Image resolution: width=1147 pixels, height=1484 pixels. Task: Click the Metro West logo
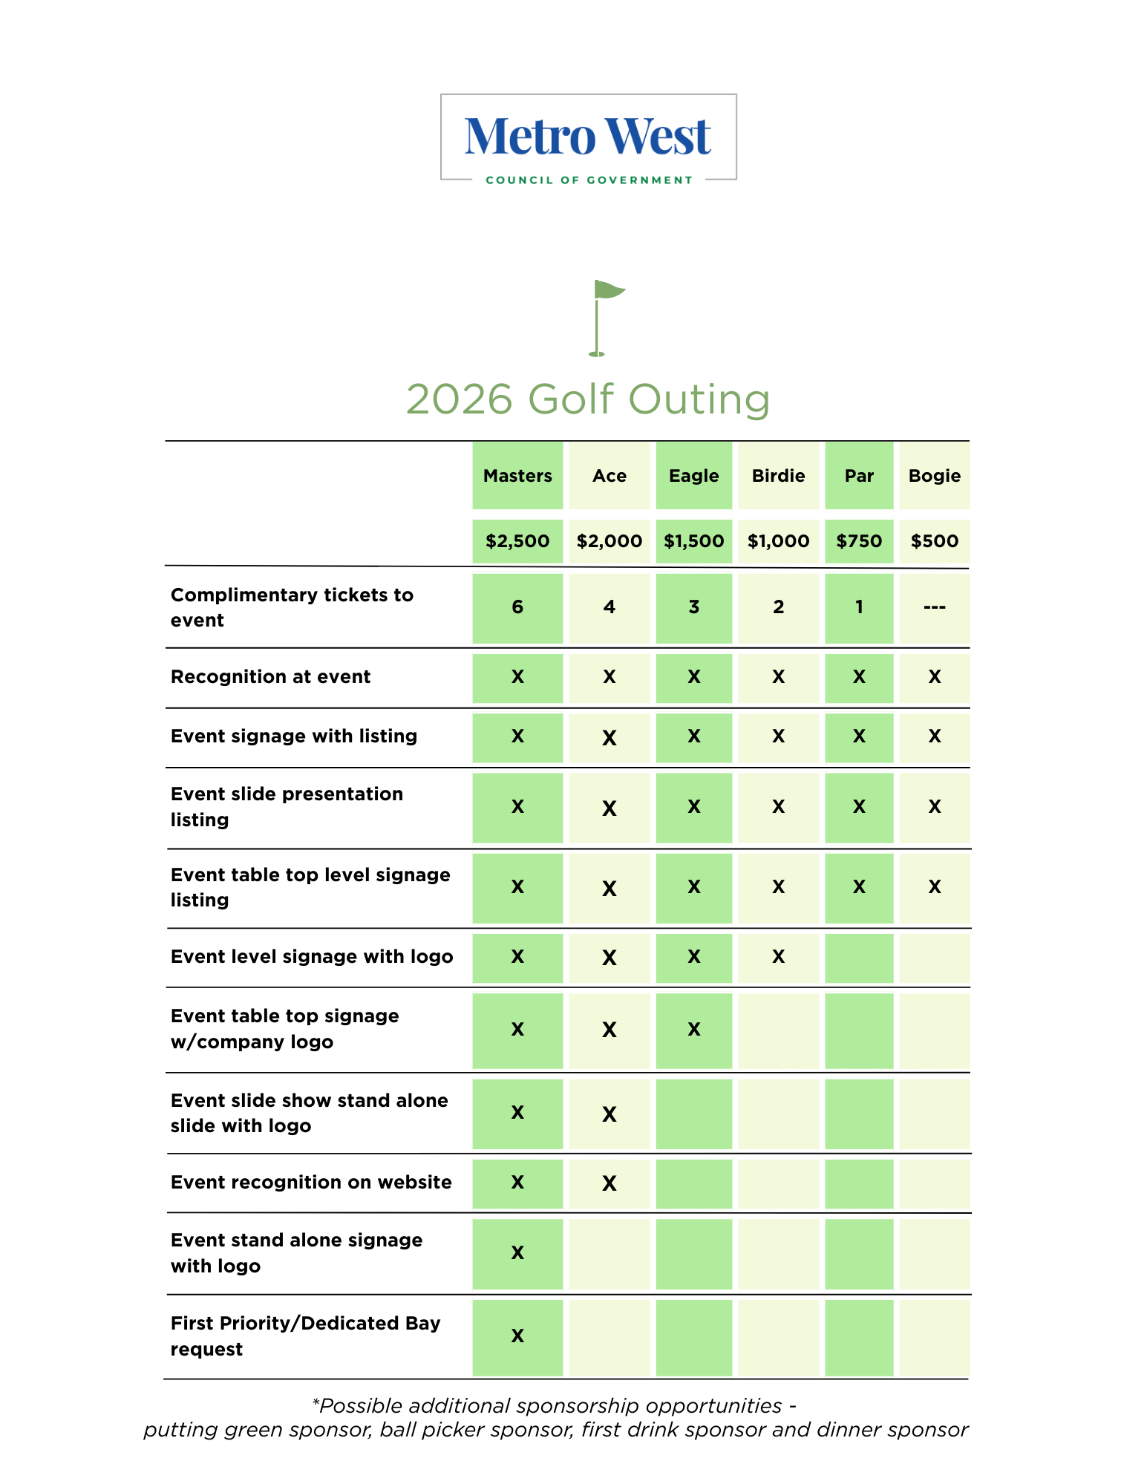588,138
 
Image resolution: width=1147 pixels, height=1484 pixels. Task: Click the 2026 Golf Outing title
588,399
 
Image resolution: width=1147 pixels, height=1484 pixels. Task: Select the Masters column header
517,476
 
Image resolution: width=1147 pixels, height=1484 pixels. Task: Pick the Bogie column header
934,476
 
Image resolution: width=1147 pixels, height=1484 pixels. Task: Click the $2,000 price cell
609,541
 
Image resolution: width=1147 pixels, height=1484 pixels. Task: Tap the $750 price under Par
859,541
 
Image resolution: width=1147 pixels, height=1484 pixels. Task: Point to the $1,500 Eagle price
693,541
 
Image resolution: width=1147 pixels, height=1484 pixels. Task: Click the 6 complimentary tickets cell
517,607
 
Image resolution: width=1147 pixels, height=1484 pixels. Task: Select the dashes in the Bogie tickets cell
934,607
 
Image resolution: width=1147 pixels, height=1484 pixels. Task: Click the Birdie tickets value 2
778,607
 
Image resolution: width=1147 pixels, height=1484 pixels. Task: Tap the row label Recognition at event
270,677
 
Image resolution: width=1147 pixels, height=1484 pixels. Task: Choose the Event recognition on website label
311,1183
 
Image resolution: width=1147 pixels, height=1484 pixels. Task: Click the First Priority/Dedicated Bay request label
305,1336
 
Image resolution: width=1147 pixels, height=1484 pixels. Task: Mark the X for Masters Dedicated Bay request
517,1336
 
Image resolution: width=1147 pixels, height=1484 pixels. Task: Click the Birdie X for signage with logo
778,957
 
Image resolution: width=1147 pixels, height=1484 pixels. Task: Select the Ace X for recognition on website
609,1183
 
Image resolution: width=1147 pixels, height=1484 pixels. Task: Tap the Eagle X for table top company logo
693,1030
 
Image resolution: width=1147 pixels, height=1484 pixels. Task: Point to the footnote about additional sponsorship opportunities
555,1418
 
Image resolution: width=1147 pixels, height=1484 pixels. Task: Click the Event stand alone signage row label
296,1253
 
